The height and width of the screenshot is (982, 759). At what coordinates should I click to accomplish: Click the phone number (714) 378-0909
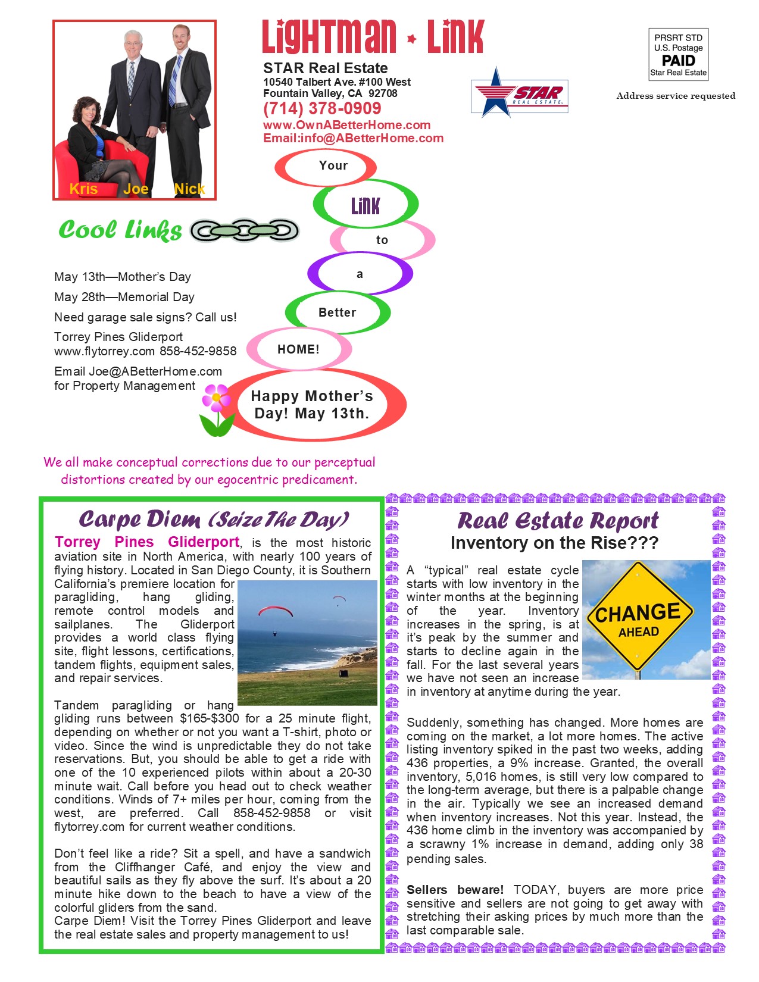[322, 109]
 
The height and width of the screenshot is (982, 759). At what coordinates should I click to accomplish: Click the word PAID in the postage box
[678, 61]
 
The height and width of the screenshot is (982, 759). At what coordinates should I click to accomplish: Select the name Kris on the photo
[83, 189]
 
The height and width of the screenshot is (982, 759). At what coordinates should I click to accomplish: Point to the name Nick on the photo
[189, 189]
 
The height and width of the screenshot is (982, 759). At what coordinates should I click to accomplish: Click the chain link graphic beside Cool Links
[244, 230]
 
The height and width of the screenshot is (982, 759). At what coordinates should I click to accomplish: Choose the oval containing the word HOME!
[298, 349]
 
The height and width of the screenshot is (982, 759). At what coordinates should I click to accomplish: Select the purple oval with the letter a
[360, 274]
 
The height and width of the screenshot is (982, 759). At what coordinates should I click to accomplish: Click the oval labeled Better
[338, 312]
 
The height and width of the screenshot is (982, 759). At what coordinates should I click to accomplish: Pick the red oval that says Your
[326, 167]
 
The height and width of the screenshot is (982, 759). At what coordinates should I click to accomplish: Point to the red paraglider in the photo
[275, 611]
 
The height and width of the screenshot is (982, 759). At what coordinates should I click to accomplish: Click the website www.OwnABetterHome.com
[346, 125]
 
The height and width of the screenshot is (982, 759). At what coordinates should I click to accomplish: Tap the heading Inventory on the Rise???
[554, 543]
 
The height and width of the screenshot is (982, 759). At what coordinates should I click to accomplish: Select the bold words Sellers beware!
[455, 890]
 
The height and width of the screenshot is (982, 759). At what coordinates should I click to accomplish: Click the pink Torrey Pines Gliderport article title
[147, 542]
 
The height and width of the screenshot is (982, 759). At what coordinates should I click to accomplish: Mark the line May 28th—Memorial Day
[124, 297]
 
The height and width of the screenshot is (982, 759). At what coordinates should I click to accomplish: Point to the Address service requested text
[676, 96]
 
